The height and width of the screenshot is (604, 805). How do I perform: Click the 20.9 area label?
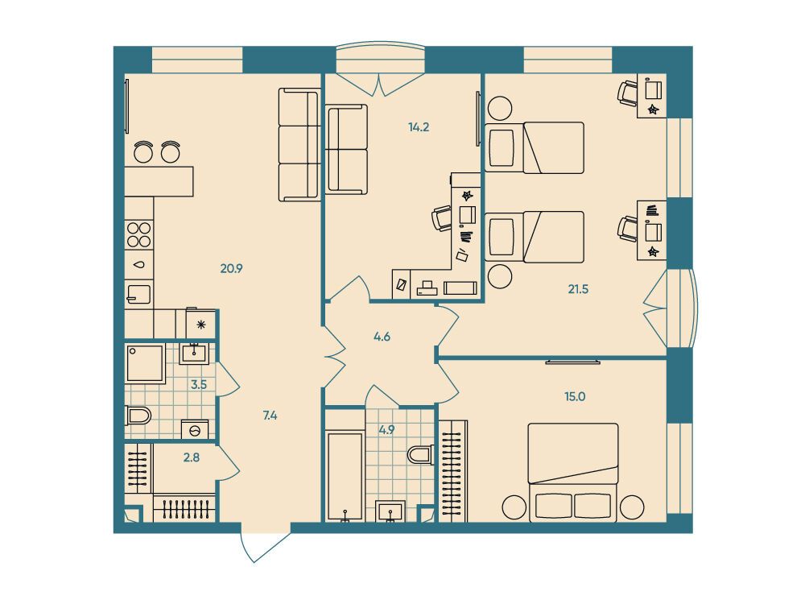tap(232, 268)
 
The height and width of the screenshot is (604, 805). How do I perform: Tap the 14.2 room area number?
tap(419, 127)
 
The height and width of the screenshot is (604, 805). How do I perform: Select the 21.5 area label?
tap(578, 289)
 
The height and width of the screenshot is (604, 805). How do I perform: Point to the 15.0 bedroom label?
tap(575, 396)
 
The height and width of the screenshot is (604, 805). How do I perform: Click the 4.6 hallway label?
tap(382, 337)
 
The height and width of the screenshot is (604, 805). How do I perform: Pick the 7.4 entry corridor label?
tap(270, 416)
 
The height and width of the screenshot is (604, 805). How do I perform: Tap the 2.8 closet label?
tap(192, 457)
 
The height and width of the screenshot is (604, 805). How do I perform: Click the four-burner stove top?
tap(139, 234)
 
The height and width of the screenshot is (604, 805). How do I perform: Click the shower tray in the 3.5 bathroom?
tap(145, 364)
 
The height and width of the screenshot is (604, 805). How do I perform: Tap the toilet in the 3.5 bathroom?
tap(138, 416)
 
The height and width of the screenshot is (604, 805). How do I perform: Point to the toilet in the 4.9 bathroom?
tap(421, 454)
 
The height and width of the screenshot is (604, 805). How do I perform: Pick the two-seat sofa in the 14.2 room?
tap(347, 149)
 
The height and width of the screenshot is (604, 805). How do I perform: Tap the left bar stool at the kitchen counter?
tap(143, 151)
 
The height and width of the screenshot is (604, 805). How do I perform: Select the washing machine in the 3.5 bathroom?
tap(195, 429)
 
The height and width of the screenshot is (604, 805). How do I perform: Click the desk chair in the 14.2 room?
tap(441, 218)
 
